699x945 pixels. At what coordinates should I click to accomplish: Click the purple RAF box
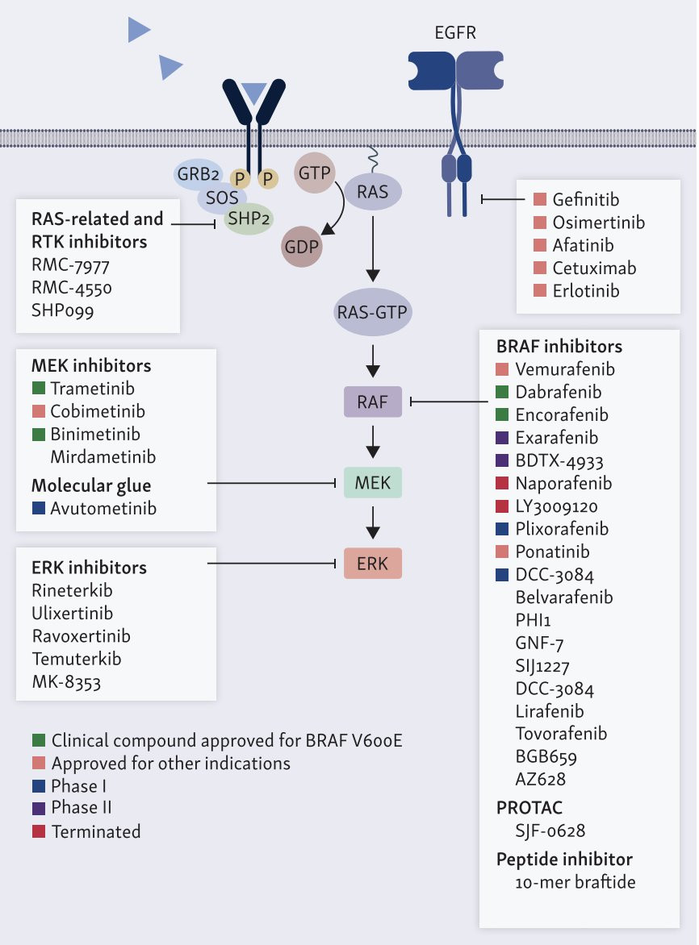(373, 401)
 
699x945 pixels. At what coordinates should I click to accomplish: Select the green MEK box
(372, 483)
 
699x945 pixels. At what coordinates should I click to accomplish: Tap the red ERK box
(372, 564)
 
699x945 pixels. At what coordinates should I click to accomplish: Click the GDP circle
(301, 246)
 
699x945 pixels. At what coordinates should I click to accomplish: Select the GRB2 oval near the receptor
(199, 173)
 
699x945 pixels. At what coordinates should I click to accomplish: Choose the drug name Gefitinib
(586, 199)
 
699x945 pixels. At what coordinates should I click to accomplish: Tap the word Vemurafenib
(565, 370)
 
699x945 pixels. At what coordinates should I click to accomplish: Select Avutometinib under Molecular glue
(103, 509)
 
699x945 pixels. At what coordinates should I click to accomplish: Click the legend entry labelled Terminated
(95, 831)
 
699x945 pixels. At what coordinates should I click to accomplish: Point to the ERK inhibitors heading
(89, 568)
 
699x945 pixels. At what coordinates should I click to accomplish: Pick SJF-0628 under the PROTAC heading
(550, 830)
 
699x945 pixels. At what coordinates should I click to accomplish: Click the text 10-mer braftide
(575, 882)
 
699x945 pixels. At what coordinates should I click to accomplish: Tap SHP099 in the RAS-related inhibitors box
(63, 310)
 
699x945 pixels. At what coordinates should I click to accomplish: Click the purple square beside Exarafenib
(502, 439)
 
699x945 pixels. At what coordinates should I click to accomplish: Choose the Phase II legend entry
(82, 808)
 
